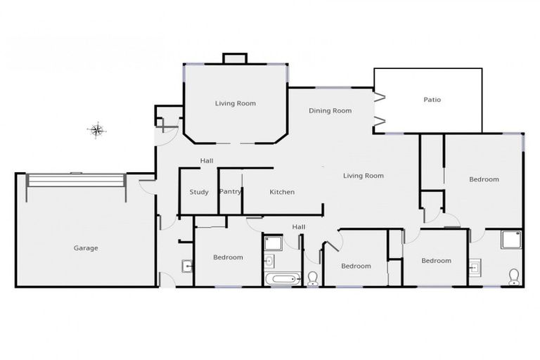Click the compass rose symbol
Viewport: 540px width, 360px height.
97,129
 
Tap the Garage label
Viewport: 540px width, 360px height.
86,247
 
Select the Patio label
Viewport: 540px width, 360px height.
432,100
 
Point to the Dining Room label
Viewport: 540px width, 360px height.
330,110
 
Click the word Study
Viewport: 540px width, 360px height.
199,192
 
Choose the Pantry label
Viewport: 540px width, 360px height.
230,191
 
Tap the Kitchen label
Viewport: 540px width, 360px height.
282,192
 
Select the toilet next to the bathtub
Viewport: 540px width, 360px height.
313,278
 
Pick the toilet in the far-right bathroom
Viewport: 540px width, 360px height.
513,275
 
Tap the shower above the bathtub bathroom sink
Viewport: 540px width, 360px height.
273,243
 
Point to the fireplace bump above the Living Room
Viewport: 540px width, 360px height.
235,59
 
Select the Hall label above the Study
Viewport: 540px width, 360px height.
206,161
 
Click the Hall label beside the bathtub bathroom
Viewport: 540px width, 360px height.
299,226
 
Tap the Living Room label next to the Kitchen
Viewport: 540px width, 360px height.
363,176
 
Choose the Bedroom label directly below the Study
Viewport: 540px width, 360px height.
228,257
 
